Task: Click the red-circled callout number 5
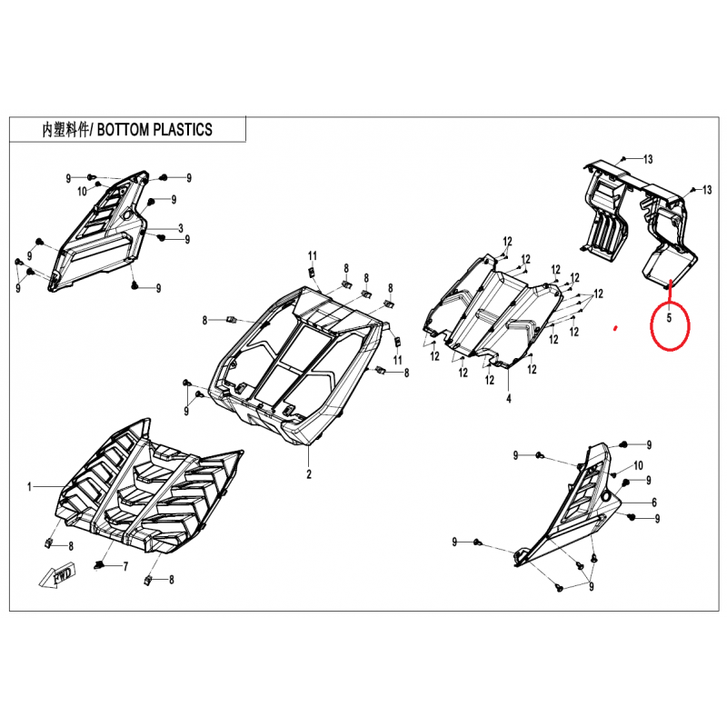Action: (669, 319)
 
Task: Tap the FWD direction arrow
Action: (58, 576)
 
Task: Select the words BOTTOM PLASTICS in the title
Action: (154, 129)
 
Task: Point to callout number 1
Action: (30, 487)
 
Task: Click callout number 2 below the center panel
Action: (309, 474)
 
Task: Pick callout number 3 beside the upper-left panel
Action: (181, 228)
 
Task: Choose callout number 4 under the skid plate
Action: (509, 398)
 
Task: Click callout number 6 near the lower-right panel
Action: (654, 503)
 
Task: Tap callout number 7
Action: (125, 566)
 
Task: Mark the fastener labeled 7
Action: (98, 564)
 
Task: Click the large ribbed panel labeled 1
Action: (148, 487)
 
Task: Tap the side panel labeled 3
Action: (100, 232)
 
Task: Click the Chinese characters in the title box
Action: (65, 130)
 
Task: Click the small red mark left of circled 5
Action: (615, 329)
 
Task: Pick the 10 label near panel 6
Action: (638, 465)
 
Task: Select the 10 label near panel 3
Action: (82, 191)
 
